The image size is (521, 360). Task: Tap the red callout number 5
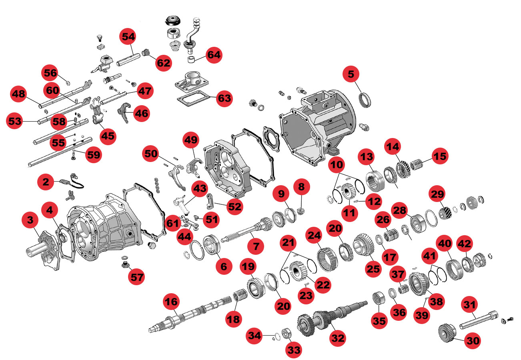click(x=351, y=74)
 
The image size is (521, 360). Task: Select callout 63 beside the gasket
click(x=224, y=98)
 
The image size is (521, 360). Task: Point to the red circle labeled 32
click(x=338, y=338)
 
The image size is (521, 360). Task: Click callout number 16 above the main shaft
click(x=171, y=302)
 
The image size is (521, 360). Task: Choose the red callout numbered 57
click(x=136, y=277)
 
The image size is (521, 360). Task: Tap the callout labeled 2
click(x=46, y=182)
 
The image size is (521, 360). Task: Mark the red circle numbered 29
click(x=437, y=194)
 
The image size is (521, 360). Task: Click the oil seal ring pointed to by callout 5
click(x=365, y=100)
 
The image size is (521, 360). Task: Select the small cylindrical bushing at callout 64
click(x=191, y=59)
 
